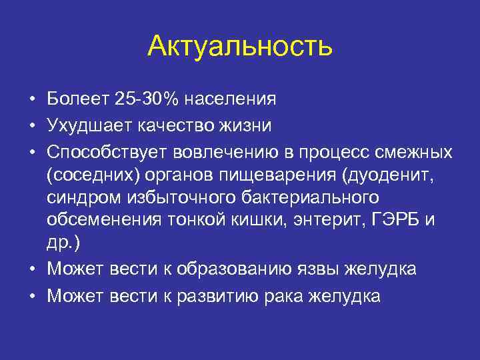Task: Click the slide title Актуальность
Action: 239,46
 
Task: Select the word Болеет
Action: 77,99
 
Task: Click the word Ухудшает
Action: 86,125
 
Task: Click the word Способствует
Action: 107,151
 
